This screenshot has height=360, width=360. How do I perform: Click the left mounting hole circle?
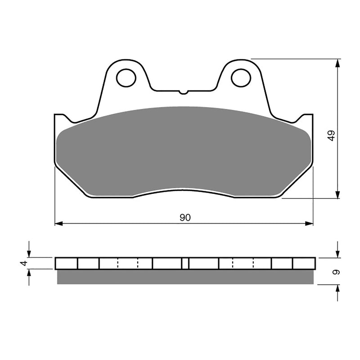coord(126,77)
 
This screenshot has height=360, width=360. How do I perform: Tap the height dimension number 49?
coord(331,136)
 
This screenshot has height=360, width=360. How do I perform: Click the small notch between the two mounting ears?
coord(183,92)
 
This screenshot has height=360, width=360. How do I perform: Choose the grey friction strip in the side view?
coord(184,277)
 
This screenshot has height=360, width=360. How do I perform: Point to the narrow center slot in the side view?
coord(185,263)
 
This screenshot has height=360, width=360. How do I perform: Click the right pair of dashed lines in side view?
coord(243,263)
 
